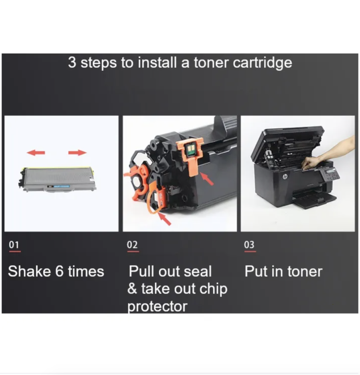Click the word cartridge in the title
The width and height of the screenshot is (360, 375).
pyautogui.click(x=262, y=63)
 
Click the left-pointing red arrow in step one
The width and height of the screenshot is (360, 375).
pyautogui.click(x=36, y=153)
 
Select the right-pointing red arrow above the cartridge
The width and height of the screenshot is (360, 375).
pyautogui.click(x=77, y=153)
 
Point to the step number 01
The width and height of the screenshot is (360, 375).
pyautogui.click(x=14, y=244)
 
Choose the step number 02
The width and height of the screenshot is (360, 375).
pyautogui.click(x=132, y=244)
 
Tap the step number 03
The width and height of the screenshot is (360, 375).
pyautogui.click(x=250, y=244)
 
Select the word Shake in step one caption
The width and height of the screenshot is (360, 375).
pyautogui.click(x=29, y=271)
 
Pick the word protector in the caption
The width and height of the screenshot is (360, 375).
pyautogui.click(x=157, y=306)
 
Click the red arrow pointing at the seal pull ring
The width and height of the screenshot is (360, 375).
pyautogui.click(x=165, y=219)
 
